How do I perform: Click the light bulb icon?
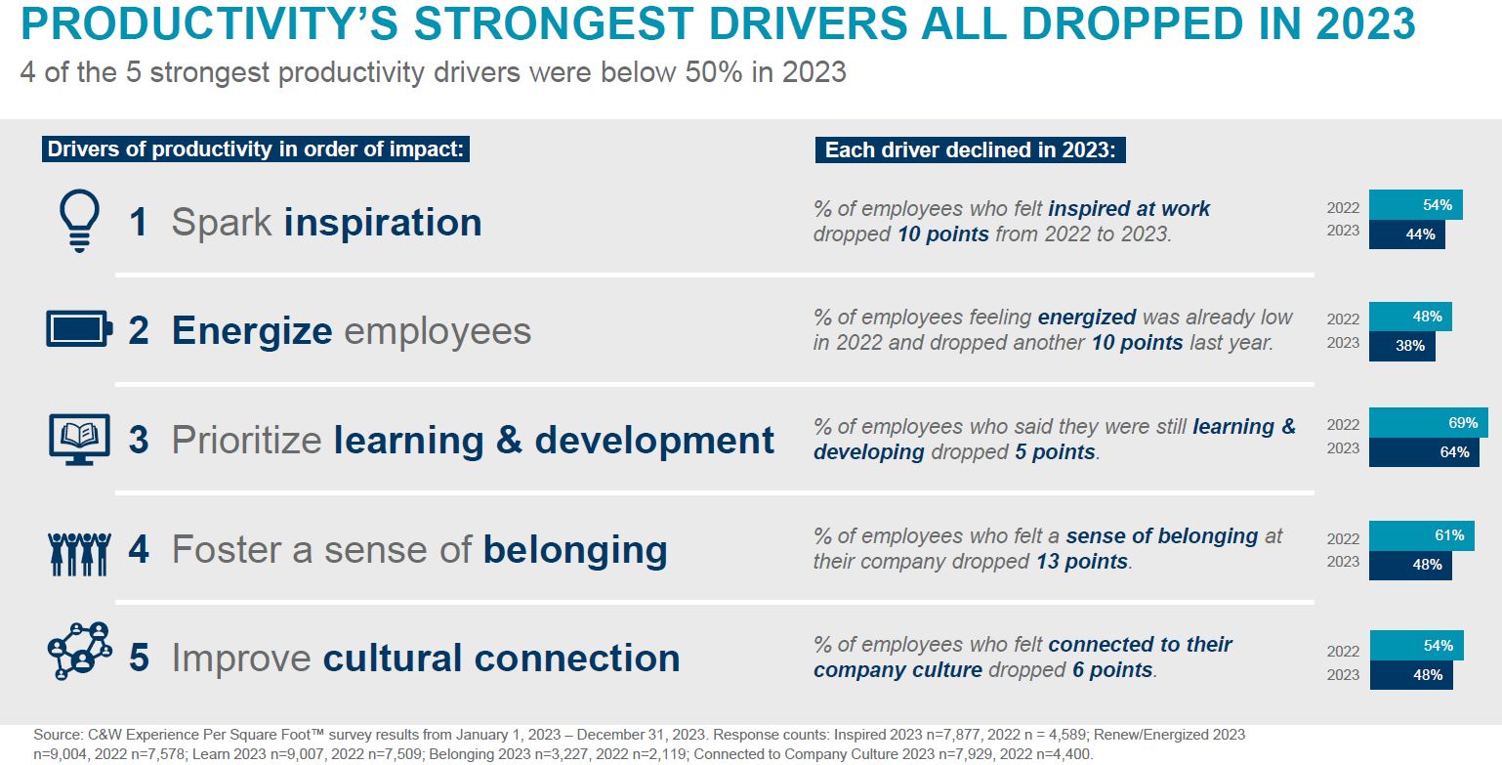79,220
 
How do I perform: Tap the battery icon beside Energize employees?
79,329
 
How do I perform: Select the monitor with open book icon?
79,440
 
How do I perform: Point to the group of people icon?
79,554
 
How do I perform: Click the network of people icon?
79,651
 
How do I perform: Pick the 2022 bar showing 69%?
1428,423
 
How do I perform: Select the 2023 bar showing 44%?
1407,234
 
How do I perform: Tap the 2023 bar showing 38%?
1402,346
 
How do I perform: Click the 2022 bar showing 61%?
1422,535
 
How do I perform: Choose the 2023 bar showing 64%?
1424,452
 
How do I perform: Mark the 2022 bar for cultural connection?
1417,646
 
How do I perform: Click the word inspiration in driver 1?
383,222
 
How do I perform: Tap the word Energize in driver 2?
252,332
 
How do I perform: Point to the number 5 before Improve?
139,658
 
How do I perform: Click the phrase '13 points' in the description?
1082,562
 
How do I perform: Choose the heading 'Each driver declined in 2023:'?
971,149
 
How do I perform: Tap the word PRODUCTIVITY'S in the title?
209,24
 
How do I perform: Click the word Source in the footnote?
59,735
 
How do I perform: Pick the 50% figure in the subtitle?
714,71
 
